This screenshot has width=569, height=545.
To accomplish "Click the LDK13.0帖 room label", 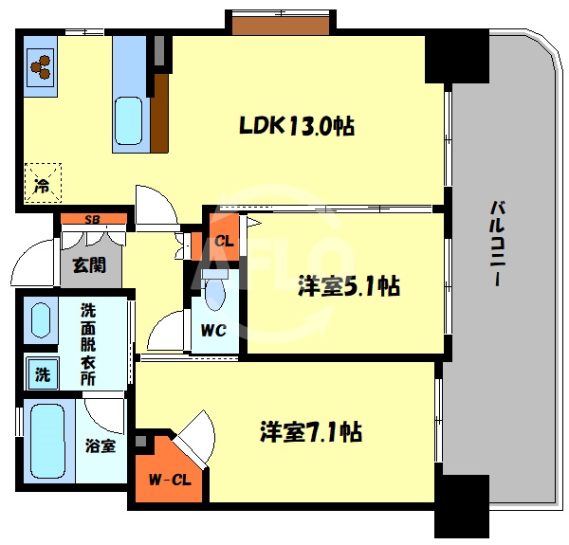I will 296,125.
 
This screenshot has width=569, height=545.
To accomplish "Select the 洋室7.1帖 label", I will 311,432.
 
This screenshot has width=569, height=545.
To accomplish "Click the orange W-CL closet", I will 171,478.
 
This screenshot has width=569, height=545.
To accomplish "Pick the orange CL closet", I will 224,240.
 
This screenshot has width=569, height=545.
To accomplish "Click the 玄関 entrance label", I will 89,263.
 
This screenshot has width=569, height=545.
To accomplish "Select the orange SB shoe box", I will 93,220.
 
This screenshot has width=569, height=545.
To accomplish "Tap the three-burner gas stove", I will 41,66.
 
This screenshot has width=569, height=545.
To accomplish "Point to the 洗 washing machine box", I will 42,373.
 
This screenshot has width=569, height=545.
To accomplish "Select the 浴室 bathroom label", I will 101,445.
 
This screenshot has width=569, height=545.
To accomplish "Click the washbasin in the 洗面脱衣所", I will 43,321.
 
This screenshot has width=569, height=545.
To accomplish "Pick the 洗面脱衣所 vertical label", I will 87,342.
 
